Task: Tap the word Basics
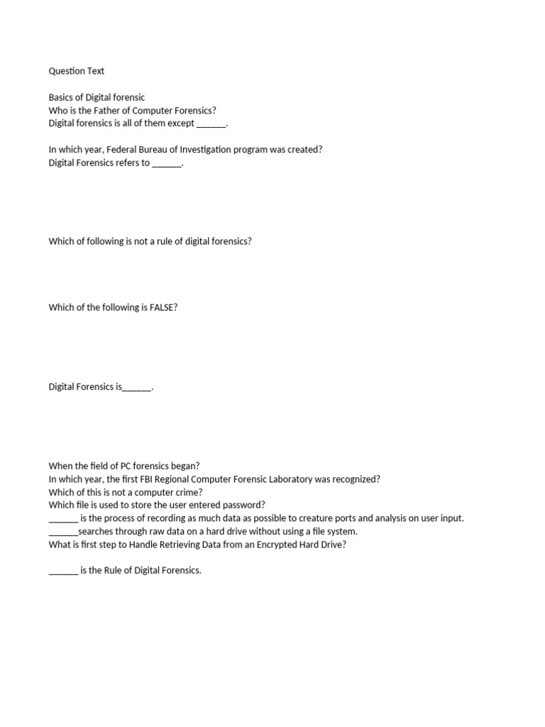click(61, 97)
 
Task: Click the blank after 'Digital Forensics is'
click(137, 388)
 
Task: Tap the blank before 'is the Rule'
click(62, 571)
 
